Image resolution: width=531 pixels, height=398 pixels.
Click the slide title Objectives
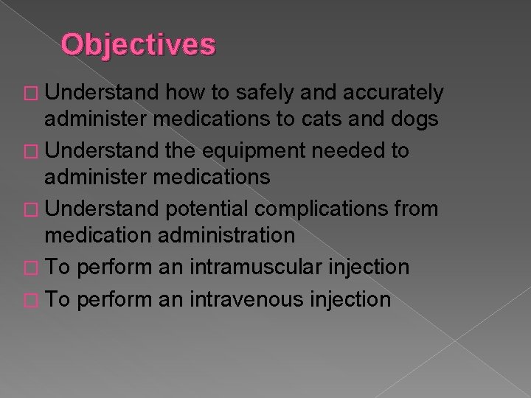139,45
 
